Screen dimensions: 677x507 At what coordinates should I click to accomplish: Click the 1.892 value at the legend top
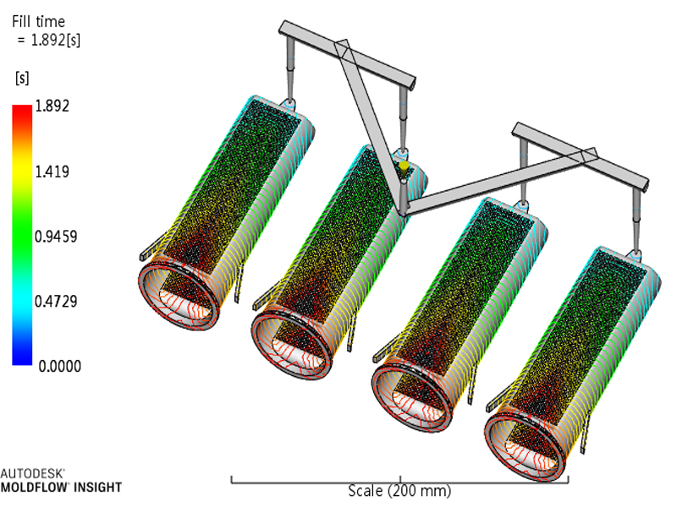click(x=52, y=106)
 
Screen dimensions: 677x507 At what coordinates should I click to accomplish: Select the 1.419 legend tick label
click(x=52, y=172)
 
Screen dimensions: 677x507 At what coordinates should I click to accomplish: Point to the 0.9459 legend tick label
click(x=56, y=237)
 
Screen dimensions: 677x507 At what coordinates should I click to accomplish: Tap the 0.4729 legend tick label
click(x=56, y=302)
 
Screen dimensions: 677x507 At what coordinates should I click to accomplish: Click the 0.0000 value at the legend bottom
click(x=59, y=367)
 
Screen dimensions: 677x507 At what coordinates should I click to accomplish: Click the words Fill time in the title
click(x=38, y=22)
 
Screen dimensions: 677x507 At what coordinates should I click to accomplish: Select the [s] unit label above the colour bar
click(x=22, y=79)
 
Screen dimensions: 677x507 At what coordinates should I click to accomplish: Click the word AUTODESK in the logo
click(x=32, y=473)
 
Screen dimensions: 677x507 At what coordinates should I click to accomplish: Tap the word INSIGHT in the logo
click(x=98, y=488)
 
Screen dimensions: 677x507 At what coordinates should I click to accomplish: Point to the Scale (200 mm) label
click(x=399, y=491)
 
